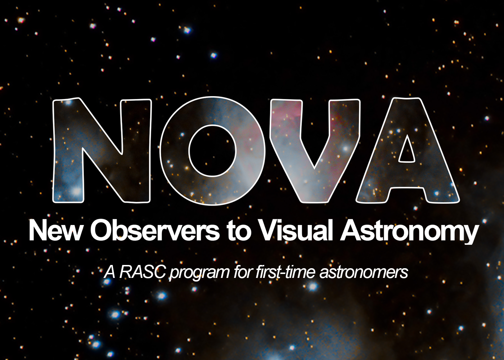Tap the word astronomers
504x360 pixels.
pyautogui.click(x=364, y=273)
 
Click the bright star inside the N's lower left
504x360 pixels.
pyautogui.click(x=76, y=191)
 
